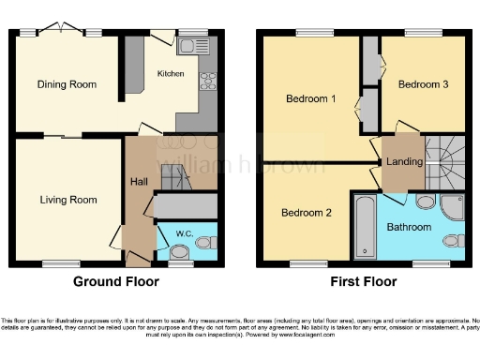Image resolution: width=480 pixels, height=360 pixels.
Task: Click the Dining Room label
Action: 67,84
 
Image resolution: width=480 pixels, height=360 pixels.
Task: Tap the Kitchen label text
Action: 171,73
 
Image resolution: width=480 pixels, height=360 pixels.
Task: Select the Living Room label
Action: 68,199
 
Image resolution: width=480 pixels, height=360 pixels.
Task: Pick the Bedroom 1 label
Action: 310,98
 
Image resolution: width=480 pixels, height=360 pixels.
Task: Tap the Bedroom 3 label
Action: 423,84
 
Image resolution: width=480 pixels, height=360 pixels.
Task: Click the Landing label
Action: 404,161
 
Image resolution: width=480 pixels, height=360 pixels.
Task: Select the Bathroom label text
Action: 409,227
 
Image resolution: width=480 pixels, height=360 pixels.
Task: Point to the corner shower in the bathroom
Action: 454,207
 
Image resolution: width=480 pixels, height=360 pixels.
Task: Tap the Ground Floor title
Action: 112,280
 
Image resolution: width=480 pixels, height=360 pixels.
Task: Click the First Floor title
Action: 363,280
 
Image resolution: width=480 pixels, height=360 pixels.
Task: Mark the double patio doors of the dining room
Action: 62,30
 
